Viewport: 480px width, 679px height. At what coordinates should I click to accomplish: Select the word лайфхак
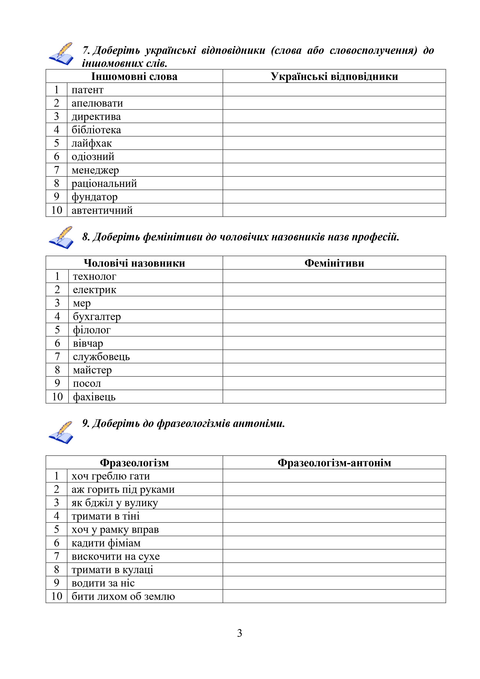[x=92, y=143]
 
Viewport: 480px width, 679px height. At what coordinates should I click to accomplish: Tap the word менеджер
[x=95, y=170]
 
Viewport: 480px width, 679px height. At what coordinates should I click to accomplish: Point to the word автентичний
[x=102, y=210]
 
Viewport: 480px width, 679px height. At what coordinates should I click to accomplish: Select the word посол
[x=87, y=383]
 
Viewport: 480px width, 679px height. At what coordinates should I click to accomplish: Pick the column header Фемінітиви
[x=334, y=263]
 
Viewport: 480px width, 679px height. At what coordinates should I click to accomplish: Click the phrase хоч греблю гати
[x=111, y=476]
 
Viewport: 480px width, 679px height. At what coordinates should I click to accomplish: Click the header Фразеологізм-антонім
[x=334, y=463]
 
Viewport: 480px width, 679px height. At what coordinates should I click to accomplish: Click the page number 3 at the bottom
[x=240, y=633]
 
